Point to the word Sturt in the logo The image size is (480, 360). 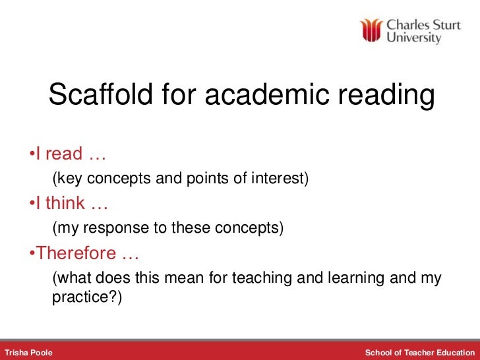click(445, 24)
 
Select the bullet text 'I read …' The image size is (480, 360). click(67, 154)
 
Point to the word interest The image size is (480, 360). click(283, 179)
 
